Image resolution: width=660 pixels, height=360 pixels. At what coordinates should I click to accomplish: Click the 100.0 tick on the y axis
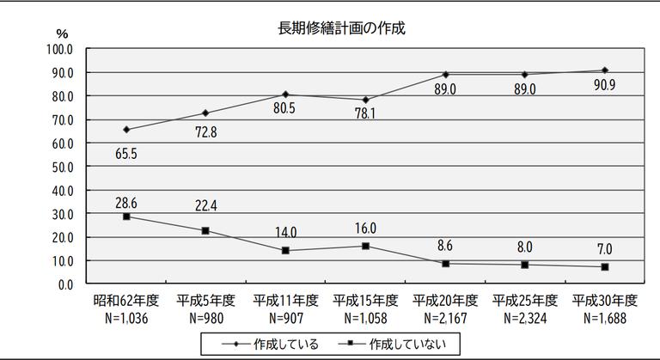click(59, 49)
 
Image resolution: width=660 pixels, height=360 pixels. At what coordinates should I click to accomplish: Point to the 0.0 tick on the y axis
click(65, 284)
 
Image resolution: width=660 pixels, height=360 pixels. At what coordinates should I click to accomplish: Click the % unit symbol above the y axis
click(61, 33)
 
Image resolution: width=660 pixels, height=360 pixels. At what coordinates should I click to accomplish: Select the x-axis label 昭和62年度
click(126, 300)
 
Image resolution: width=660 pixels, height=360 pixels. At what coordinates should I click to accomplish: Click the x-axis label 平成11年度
click(285, 300)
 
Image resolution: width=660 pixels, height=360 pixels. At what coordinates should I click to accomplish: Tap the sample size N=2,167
click(445, 316)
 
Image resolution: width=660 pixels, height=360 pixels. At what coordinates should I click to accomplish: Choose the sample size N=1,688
click(604, 316)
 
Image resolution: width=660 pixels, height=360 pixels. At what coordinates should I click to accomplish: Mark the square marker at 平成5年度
click(205, 230)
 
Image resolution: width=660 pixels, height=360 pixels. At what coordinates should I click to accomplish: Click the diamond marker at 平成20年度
click(445, 74)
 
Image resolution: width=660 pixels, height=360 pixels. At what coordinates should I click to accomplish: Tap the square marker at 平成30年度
click(604, 266)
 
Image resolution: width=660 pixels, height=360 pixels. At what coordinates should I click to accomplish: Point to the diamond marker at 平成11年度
click(285, 95)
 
